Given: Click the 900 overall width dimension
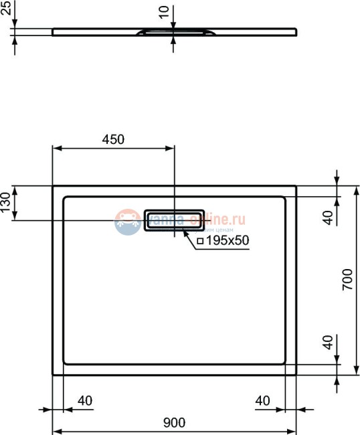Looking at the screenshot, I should (x=174, y=422).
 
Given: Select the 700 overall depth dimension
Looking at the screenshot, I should (x=347, y=280).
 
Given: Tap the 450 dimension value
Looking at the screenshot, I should (x=113, y=139).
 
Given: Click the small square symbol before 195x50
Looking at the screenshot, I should (x=199, y=240).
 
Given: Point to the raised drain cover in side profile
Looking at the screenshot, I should (x=175, y=31).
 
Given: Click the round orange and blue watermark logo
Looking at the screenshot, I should (x=128, y=222).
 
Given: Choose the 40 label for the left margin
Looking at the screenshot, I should (x=85, y=401).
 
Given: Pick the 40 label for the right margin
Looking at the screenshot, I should (x=262, y=401).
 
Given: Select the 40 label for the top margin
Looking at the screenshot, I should (x=328, y=217).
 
